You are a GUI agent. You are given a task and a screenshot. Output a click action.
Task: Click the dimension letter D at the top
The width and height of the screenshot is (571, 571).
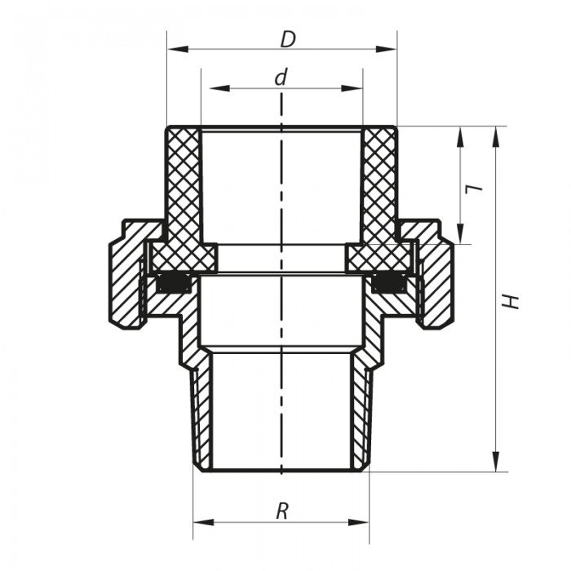point(287,38)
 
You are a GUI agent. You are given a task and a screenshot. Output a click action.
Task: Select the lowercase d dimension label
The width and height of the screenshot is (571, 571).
point(281,77)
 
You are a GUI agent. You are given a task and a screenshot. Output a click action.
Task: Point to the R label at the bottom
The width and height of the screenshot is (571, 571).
point(282,511)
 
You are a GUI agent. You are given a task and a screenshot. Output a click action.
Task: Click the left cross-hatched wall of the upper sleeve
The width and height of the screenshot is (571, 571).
point(184,188)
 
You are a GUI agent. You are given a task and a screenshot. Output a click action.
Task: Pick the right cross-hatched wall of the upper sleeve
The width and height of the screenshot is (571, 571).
point(379,188)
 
